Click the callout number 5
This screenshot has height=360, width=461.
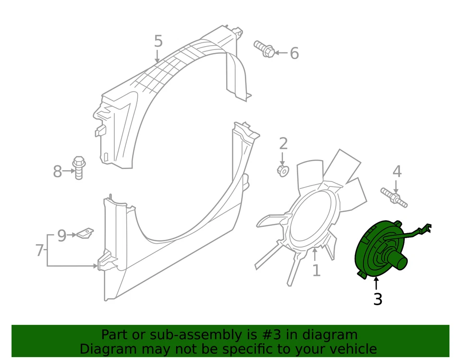click(x=158, y=41)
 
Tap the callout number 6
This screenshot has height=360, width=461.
click(x=294, y=53)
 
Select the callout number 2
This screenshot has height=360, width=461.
click(x=283, y=143)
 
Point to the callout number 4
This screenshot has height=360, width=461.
click(x=397, y=171)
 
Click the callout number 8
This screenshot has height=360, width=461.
click(x=58, y=171)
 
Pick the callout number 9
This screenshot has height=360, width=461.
click(x=61, y=236)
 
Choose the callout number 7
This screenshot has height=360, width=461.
click(x=40, y=250)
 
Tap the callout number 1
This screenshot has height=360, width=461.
click(x=316, y=270)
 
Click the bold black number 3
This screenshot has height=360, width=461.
click(x=377, y=299)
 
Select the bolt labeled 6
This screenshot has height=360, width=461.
click(x=265, y=49)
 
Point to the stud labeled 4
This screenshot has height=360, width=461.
click(x=394, y=198)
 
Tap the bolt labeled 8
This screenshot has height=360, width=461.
click(x=79, y=167)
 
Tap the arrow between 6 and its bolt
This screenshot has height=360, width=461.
click(x=281, y=53)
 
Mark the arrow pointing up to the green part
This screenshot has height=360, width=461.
click(x=376, y=283)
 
